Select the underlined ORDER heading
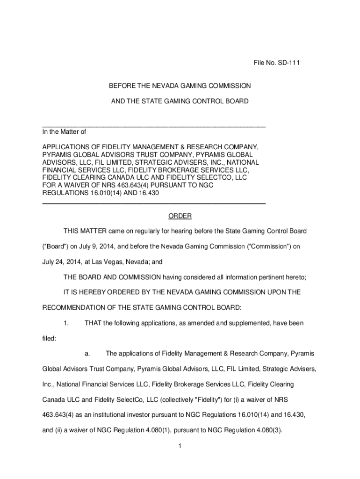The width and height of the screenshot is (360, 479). click(x=180, y=216)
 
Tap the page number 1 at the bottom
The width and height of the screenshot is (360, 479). click(x=180, y=446)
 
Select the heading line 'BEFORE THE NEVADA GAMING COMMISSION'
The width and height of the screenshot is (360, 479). click(x=180, y=86)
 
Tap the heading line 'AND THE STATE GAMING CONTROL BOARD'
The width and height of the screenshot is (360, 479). click(x=180, y=101)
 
